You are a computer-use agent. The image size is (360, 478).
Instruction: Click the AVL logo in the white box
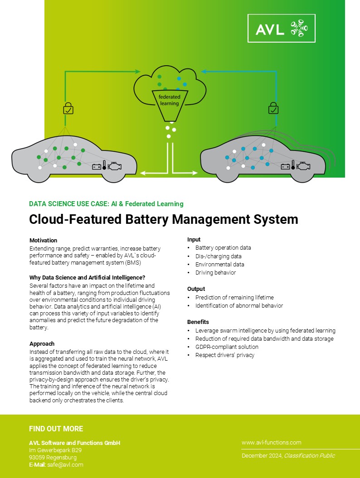[281, 29]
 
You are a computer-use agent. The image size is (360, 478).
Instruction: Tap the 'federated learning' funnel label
[169, 100]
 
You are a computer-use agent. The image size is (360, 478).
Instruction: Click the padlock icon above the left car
[68, 108]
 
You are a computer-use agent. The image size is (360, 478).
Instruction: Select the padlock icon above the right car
[273, 108]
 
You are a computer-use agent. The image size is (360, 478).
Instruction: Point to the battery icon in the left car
[97, 167]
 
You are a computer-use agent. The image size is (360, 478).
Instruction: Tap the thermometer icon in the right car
[293, 164]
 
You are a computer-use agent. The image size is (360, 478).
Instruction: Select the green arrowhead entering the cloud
[137, 72]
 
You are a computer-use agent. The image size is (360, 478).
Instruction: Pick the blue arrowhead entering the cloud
[204, 72]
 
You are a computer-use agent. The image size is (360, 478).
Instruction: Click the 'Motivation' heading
[44, 240]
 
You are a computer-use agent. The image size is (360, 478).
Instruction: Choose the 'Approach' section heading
[42, 343]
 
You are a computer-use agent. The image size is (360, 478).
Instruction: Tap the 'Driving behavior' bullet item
[216, 273]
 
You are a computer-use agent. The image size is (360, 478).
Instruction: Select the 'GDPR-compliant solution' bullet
[227, 347]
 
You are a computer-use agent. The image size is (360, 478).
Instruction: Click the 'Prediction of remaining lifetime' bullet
[234, 297]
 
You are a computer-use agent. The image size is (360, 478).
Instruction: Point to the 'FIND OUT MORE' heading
[56, 429]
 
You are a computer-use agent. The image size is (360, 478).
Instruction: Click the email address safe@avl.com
[65, 464]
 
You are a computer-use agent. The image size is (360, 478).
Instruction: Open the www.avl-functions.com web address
[272, 442]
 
